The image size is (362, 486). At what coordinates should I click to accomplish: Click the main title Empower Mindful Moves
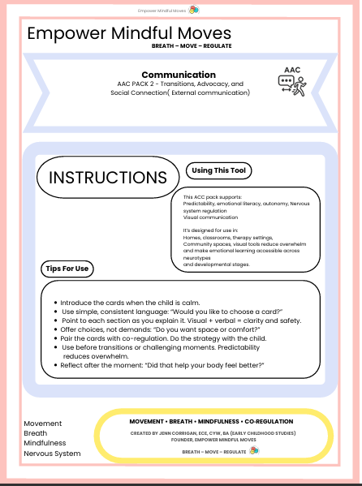point(129,33)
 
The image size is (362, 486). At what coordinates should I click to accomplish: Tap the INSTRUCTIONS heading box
point(108,178)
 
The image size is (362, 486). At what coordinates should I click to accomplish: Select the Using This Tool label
point(219,170)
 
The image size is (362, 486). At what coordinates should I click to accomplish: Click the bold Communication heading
point(183,75)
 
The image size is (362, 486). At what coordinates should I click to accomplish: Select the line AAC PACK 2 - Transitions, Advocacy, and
point(180,84)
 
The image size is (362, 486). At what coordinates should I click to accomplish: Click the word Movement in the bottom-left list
point(43,424)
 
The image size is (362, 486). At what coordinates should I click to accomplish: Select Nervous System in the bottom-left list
point(53,453)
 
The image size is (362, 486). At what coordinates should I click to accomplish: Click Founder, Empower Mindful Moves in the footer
point(210,441)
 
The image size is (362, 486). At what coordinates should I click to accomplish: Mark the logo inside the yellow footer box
point(254,449)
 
